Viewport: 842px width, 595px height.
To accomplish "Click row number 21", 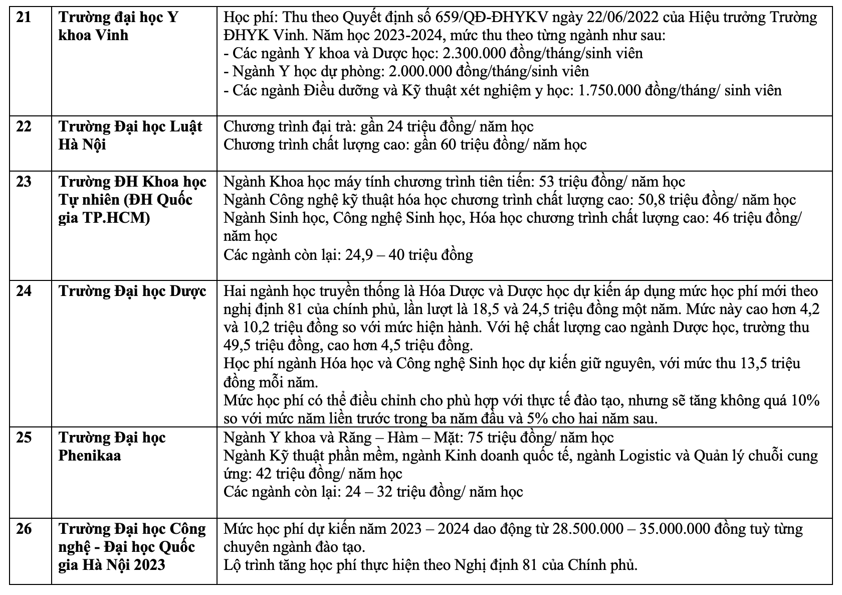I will [24, 17].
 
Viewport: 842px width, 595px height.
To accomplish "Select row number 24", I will [24, 291].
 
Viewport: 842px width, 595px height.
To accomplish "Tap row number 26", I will [24, 529].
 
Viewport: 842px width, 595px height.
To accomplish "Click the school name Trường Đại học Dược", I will [132, 291].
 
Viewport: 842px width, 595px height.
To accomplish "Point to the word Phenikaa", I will [90, 456].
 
